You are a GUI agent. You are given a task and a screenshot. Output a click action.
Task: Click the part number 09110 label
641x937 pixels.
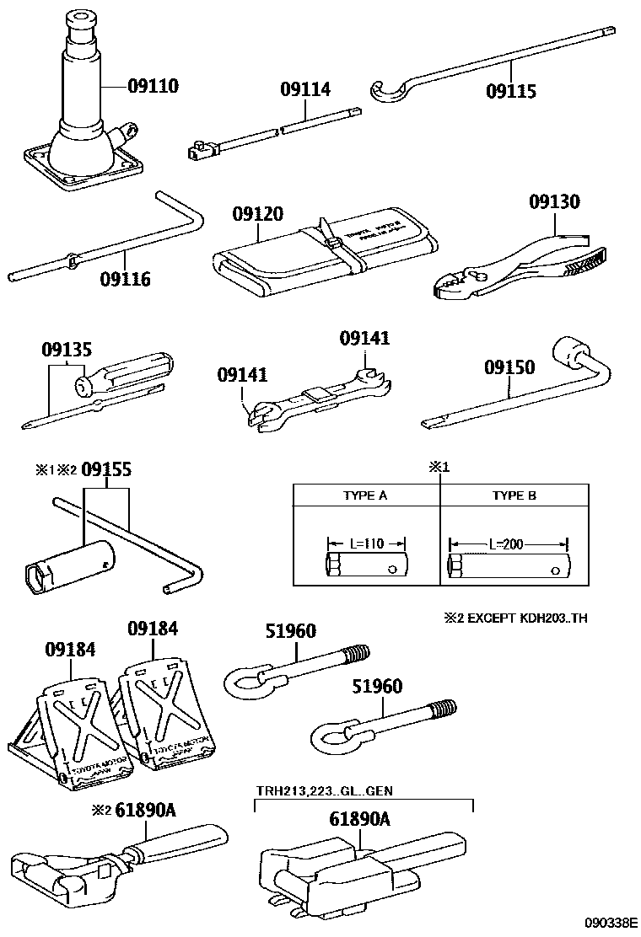point(154,86)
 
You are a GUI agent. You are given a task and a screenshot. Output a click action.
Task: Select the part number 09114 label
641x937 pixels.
point(305,89)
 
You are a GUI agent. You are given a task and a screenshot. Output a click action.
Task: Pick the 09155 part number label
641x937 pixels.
point(105,469)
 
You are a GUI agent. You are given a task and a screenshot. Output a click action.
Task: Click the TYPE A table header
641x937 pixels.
point(365,495)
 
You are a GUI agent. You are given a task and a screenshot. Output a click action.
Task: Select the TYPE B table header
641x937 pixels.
point(514,495)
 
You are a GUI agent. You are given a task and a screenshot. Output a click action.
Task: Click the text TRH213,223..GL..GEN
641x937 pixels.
point(325,790)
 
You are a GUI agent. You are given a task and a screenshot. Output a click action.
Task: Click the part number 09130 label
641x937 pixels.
point(554,202)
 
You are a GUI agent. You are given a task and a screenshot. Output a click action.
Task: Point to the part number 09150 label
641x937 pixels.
point(509,367)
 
